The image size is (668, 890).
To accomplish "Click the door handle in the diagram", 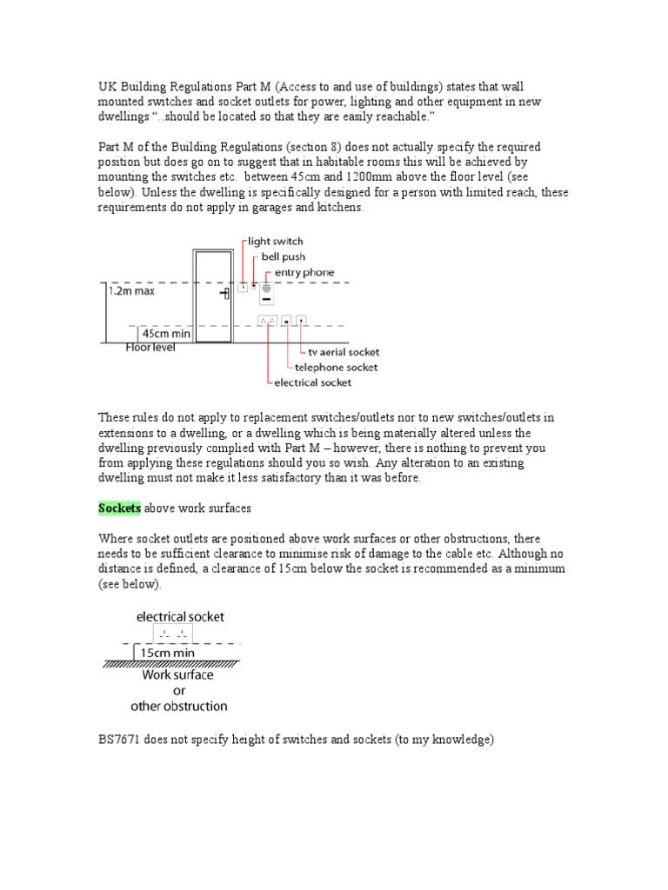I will pyautogui.click(x=224, y=294).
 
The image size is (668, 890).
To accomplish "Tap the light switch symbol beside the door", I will pyautogui.click(x=243, y=286).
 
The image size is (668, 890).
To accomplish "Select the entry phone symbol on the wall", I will pyautogui.click(x=267, y=290).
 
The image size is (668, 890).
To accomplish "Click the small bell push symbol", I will pyautogui.click(x=254, y=284).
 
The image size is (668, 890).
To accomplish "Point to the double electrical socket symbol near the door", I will pyautogui.click(x=267, y=321).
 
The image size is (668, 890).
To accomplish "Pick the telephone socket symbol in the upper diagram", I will pyautogui.click(x=285, y=321).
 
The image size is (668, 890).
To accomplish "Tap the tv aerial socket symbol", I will pyautogui.click(x=301, y=321).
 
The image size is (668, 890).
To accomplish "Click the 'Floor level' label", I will pyautogui.click(x=150, y=348).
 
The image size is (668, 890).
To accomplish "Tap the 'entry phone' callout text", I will pyautogui.click(x=301, y=273).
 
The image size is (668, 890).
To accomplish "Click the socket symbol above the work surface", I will pyautogui.click(x=170, y=633).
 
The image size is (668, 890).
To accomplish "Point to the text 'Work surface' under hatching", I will pyautogui.click(x=177, y=674).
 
